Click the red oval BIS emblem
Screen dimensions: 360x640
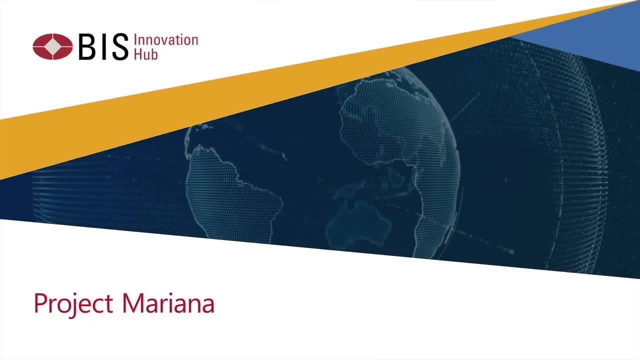point(52,46)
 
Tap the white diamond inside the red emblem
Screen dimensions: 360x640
point(52,46)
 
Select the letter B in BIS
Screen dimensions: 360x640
point(86,47)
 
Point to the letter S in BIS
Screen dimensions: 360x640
point(119,47)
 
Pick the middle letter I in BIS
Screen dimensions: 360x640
point(102,47)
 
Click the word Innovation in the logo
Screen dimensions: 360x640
point(166,40)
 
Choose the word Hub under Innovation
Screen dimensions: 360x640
point(145,54)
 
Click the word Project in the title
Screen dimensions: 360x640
point(73,303)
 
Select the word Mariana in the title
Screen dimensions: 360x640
point(168,303)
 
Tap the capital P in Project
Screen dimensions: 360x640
point(39,303)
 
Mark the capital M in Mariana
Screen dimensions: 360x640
point(132,303)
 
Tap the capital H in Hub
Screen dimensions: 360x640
point(138,54)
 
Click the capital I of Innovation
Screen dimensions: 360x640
point(135,40)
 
